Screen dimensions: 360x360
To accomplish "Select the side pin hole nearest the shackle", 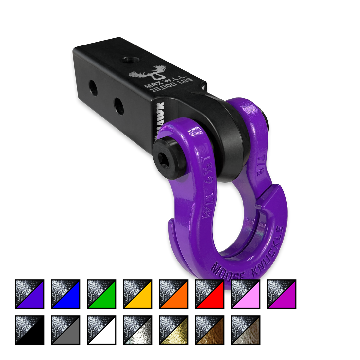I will (x=118, y=106).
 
